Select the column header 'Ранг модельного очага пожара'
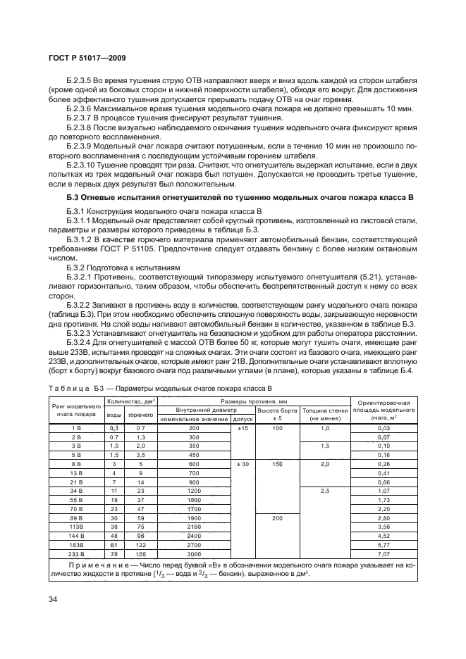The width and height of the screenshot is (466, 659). [76, 410]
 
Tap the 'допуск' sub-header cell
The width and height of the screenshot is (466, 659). [243, 419]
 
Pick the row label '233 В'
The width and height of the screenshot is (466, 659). [76, 553]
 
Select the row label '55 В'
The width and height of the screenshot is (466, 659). [76, 498]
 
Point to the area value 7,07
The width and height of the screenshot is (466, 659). [384, 553]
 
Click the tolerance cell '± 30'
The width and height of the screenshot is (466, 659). [243, 463]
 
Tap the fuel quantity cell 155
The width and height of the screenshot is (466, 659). [140, 553]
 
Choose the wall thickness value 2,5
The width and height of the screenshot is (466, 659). [325, 489]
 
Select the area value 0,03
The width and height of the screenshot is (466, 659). [384, 428]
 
